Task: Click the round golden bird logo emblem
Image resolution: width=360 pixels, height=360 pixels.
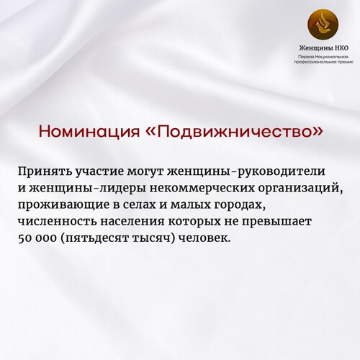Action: coord(323,24)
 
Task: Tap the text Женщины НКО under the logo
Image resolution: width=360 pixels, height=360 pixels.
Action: coord(323,48)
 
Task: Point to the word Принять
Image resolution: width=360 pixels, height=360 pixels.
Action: coord(45,172)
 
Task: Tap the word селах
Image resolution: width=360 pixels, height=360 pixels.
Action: coord(138,205)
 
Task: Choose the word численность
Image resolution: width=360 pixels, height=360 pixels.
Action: coord(58,222)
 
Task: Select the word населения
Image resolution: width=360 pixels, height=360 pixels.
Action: coord(132,222)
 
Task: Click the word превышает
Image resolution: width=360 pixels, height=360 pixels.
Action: coord(276,222)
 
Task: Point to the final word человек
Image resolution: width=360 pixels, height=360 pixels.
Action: coord(204,238)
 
